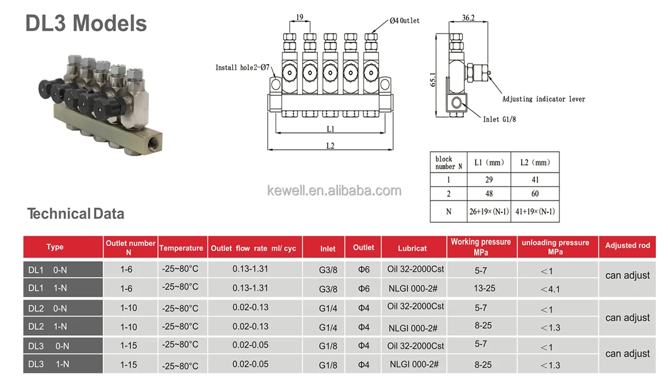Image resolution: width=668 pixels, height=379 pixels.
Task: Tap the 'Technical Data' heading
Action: click(76, 214)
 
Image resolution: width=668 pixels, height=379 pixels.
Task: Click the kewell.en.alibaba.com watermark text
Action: click(334, 191)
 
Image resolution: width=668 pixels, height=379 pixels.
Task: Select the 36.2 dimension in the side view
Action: click(468, 18)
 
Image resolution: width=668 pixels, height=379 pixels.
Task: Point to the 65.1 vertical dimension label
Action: click(433, 80)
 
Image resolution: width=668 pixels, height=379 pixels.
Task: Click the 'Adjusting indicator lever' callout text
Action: click(543, 99)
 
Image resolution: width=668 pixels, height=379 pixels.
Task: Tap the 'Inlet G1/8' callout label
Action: click(499, 119)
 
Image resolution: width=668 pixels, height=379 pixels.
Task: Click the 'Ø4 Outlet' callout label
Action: click(405, 21)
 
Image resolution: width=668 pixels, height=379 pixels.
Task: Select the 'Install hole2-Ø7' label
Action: click(242, 68)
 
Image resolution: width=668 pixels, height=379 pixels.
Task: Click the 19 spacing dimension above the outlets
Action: click(300, 18)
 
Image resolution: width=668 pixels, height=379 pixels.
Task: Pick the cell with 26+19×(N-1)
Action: click(489, 211)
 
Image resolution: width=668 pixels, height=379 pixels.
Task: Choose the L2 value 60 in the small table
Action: click(535, 193)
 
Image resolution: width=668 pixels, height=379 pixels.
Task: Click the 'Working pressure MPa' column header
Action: click(480, 247)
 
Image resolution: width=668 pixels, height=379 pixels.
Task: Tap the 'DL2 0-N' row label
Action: click(48, 308)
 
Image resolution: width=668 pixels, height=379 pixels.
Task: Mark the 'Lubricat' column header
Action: click(412, 248)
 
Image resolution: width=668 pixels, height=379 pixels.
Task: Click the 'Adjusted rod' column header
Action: click(627, 245)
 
